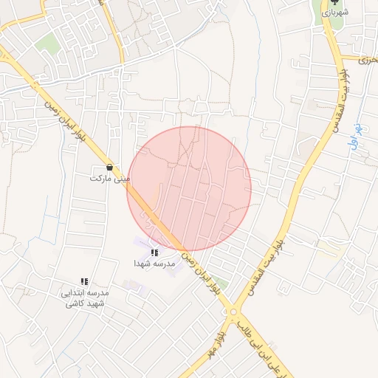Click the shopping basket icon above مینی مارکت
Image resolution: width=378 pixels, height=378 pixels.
pyautogui.click(x=110, y=167)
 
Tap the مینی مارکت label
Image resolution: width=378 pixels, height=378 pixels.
pyautogui.click(x=110, y=179)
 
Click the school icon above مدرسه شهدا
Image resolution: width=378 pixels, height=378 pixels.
pyautogui.click(x=154, y=253)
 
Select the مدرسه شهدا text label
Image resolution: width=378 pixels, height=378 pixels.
pyautogui.click(x=154, y=264)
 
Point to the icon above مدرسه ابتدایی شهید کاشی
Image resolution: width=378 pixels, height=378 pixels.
pyautogui.click(x=85, y=282)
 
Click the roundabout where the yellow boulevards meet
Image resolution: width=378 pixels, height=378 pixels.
pyautogui.click(x=234, y=312)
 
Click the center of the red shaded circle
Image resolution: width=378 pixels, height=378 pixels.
pyautogui.click(x=189, y=189)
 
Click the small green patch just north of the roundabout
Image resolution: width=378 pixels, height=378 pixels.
pyautogui.click(x=221, y=283)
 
